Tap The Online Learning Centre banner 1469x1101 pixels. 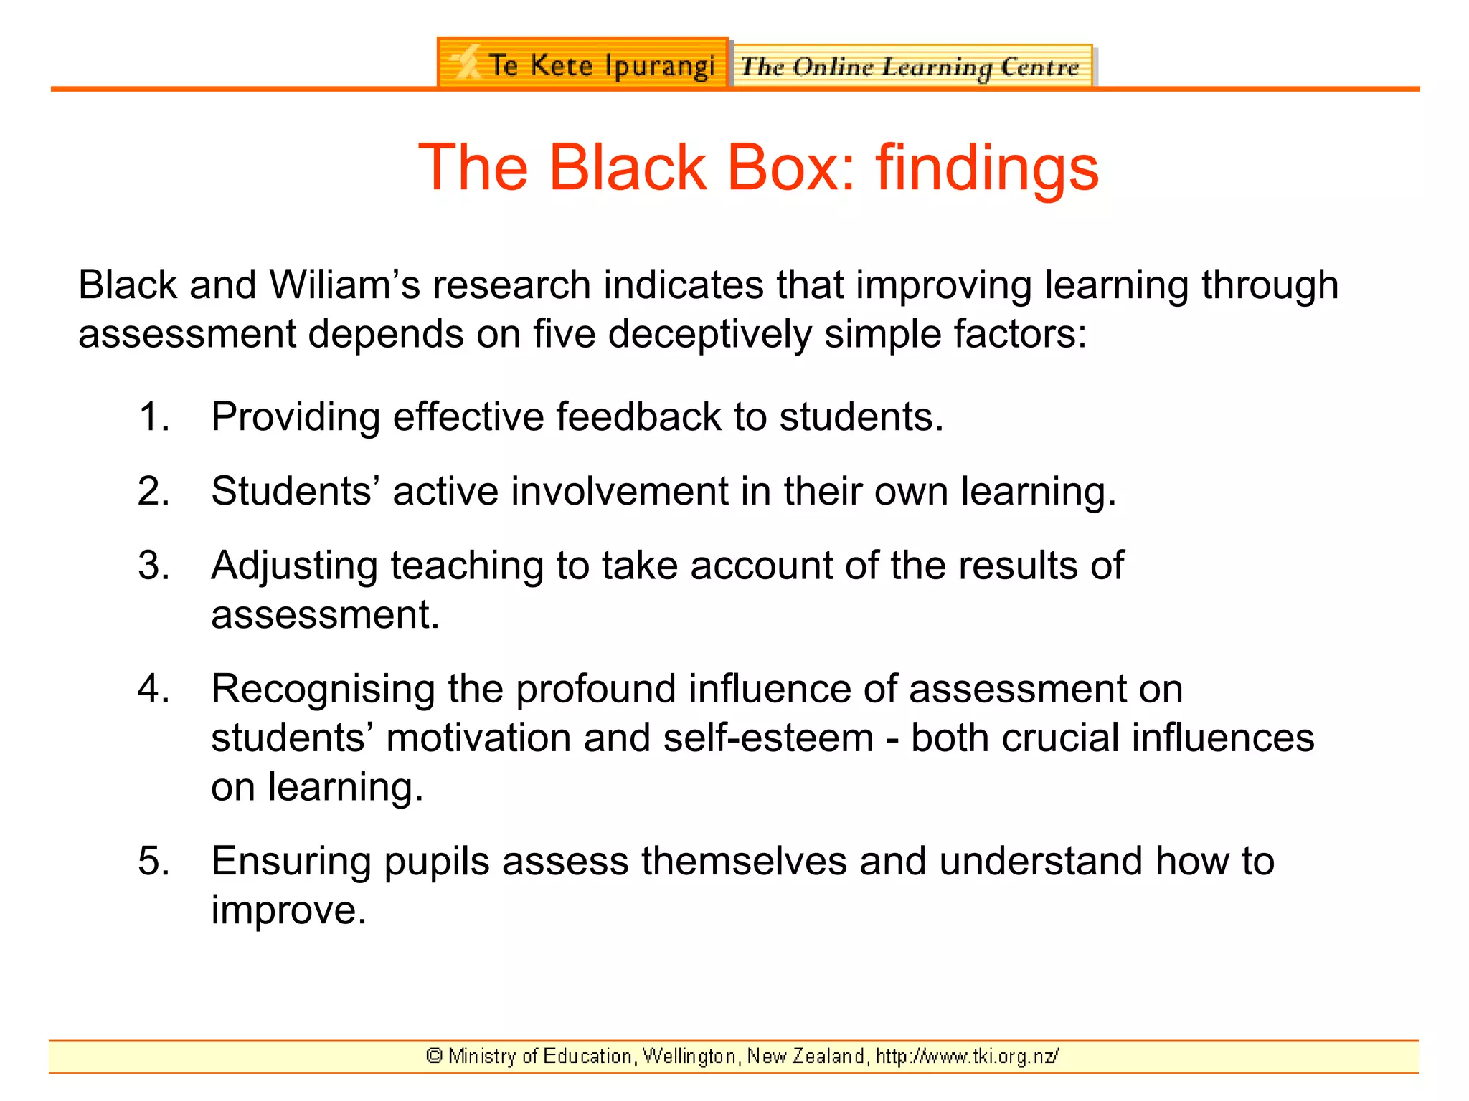[x=911, y=67]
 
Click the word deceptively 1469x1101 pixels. [x=709, y=334]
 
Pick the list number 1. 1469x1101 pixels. [x=153, y=416]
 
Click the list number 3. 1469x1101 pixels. [x=153, y=566]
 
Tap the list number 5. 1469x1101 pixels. [x=153, y=861]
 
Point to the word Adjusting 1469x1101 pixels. [x=294, y=566]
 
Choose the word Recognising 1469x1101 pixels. [x=323, y=690]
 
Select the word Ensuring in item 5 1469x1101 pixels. [x=291, y=862]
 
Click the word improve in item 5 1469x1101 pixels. [x=288, y=911]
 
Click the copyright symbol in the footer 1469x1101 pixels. [x=434, y=1056]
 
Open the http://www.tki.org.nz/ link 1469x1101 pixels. [x=967, y=1057]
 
